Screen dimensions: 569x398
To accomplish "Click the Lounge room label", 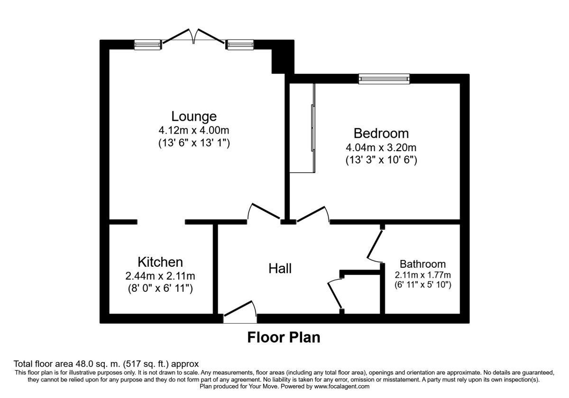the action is click(194, 117).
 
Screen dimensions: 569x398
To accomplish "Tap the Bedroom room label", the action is click(381, 134).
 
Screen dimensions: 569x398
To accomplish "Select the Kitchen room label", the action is click(160, 262).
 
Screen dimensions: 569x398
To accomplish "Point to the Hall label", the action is click(280, 269).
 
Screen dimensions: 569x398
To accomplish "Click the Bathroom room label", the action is click(422, 264).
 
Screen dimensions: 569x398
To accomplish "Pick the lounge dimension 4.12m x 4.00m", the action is click(194, 130).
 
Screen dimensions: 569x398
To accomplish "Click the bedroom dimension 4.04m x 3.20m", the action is click(381, 147).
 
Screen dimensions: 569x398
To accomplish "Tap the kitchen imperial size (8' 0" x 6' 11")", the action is click(160, 289).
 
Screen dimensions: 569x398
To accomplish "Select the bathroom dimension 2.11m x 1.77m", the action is click(422, 275).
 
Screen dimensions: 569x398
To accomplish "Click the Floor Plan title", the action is click(284, 337).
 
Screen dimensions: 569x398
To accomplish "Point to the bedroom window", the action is click(384, 79).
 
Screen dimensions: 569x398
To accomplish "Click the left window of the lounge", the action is click(147, 45).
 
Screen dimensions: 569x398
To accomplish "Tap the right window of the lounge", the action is click(240, 45).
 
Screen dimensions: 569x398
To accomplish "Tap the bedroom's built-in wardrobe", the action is click(303, 128).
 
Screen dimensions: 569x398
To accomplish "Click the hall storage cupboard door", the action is click(335, 295).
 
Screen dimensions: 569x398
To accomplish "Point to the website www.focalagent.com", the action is click(342, 387).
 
